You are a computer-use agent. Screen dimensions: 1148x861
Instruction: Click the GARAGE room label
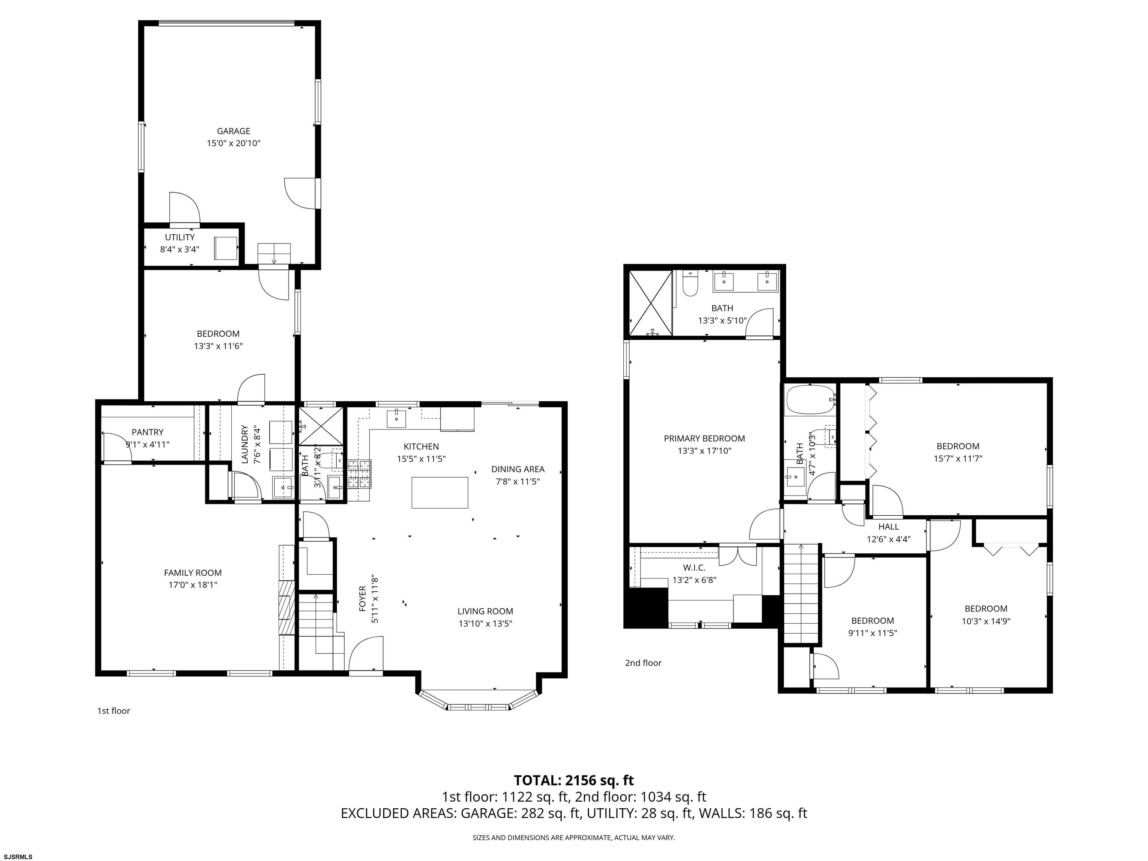click(x=234, y=131)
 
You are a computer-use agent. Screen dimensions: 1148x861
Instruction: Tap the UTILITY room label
click(x=180, y=237)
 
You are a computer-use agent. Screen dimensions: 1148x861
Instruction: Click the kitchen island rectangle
click(x=440, y=493)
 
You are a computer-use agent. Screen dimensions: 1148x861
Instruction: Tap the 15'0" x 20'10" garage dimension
click(x=234, y=143)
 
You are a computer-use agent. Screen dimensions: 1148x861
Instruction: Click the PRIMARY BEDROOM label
click(x=704, y=439)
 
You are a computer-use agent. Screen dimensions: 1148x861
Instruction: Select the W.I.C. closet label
click(x=694, y=568)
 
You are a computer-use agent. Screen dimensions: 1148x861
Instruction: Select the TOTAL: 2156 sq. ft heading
click(x=574, y=780)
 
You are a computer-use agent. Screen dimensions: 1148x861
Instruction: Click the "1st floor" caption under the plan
click(x=114, y=710)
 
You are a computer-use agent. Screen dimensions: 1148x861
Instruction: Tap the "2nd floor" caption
click(x=643, y=662)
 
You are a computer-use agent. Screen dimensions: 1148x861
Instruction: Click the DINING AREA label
click(x=518, y=469)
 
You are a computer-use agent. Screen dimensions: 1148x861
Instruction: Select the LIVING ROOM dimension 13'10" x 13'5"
click(x=485, y=623)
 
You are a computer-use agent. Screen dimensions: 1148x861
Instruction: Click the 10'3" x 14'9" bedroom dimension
click(x=986, y=621)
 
